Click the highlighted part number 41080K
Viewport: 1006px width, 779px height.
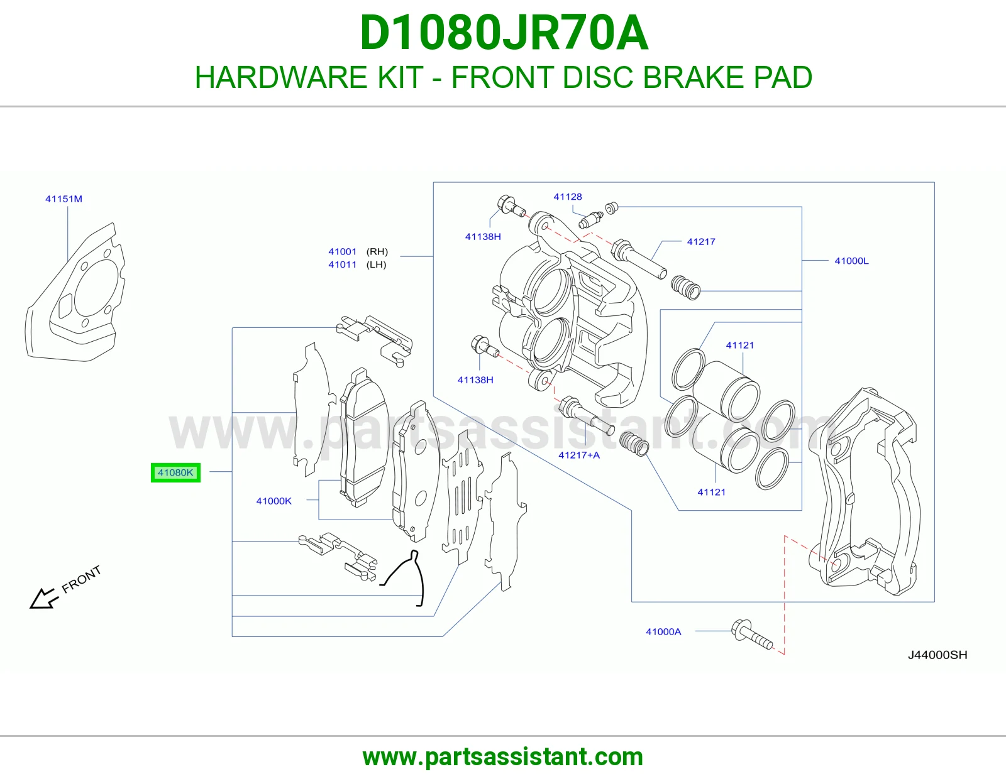point(175,472)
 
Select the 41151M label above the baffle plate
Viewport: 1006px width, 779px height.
point(64,199)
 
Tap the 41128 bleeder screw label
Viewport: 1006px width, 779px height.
point(568,197)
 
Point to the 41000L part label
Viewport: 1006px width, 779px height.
point(851,261)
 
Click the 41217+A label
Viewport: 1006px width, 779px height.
point(578,455)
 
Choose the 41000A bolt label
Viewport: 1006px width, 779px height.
point(663,631)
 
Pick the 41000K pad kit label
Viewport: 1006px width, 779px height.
point(274,501)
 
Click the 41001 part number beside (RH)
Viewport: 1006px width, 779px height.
point(343,252)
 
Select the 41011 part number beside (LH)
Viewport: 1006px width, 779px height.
point(343,264)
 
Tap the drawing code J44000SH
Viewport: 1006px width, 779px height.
point(937,655)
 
